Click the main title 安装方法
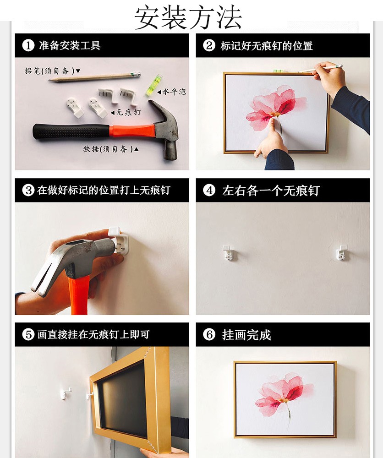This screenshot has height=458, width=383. tap(188, 17)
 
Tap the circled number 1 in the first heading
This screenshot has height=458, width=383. tap(28, 45)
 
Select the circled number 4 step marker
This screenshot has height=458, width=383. tap(209, 191)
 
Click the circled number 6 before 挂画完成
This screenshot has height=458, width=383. tap(209, 335)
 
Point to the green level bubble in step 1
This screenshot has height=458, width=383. tap(154, 85)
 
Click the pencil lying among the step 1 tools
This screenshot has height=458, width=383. tap(94, 77)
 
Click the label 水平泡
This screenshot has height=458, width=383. tap(174, 92)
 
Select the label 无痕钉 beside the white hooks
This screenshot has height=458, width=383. tap(129, 113)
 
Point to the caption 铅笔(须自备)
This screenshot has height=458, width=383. tap(49, 71)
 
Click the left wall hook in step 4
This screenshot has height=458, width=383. tap(229, 253)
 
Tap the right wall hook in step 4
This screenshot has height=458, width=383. tap(341, 253)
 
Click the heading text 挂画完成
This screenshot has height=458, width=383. tap(246, 335)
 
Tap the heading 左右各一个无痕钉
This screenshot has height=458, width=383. tap(271, 191)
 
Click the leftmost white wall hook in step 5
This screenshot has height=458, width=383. tap(66, 393)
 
